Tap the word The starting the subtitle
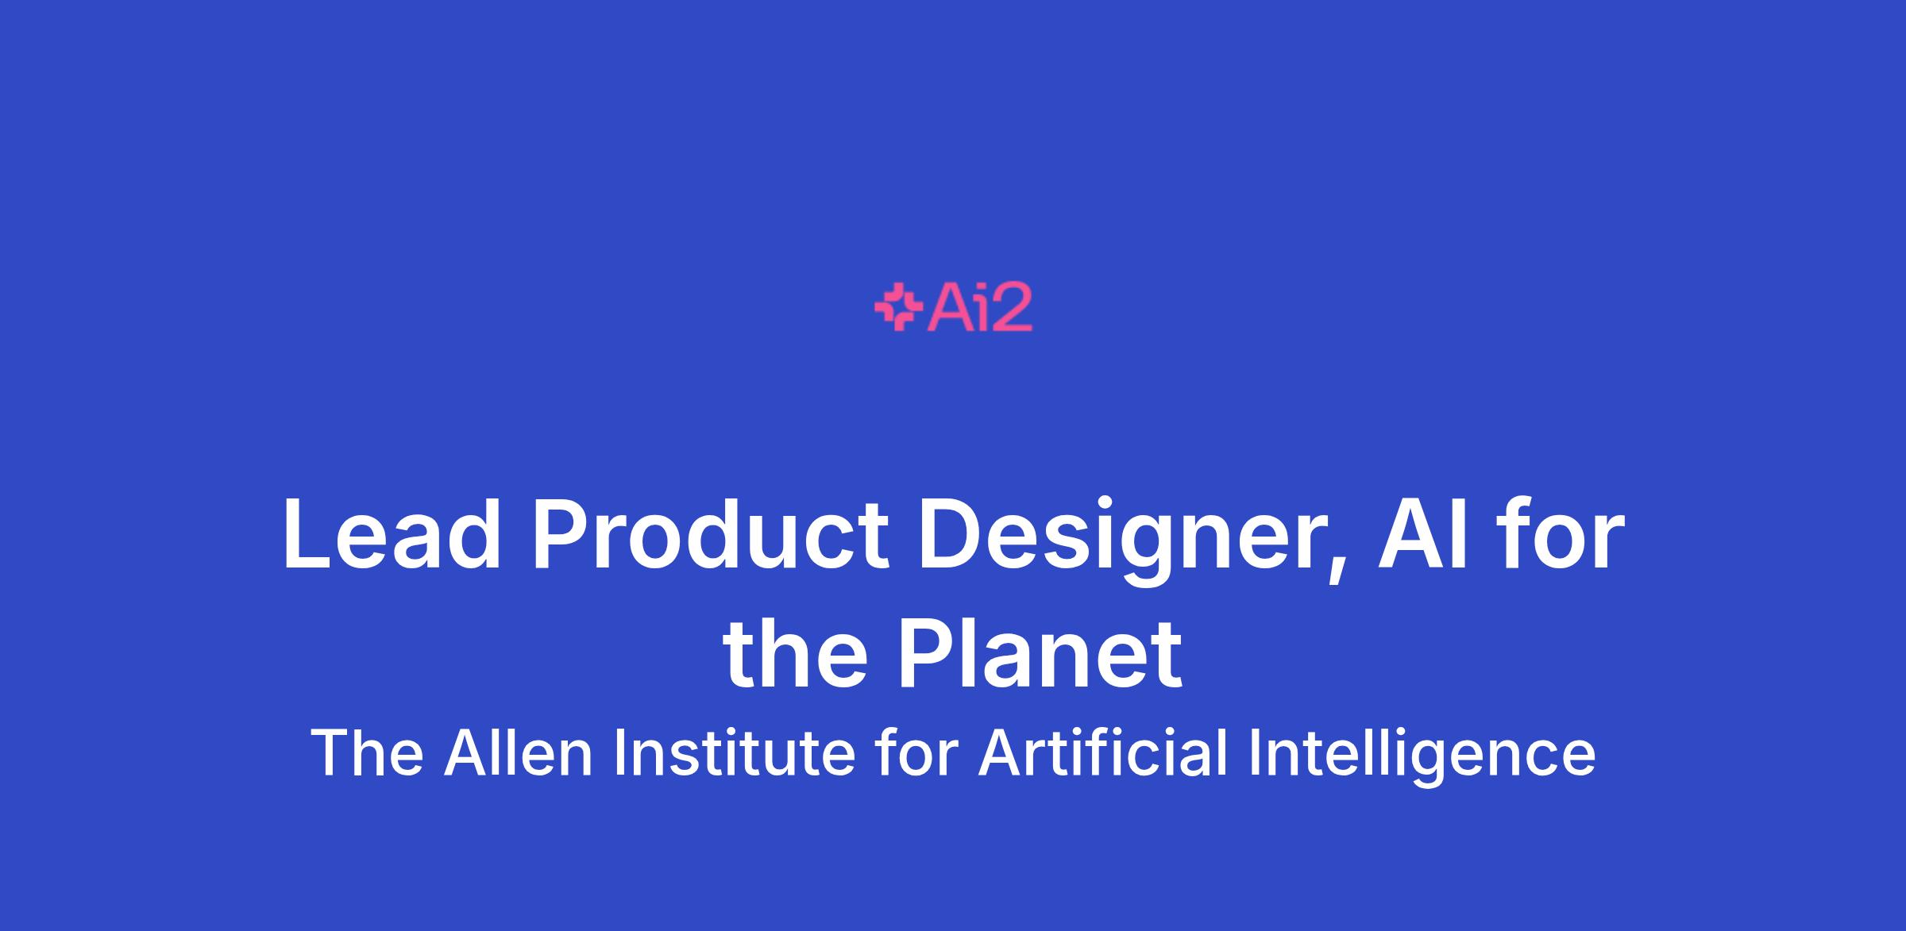pos(367,752)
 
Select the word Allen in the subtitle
pos(519,752)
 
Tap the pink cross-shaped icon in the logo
pos(897,306)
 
